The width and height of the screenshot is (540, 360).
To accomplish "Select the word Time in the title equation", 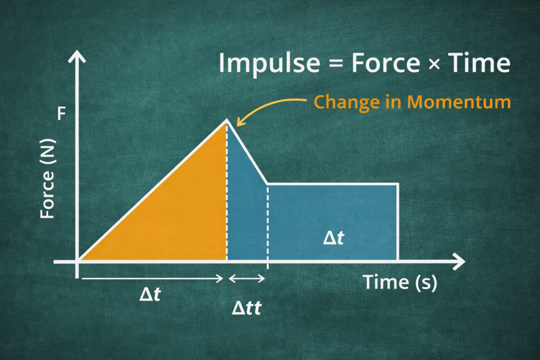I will (480, 64).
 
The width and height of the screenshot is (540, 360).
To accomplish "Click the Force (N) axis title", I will (48, 181).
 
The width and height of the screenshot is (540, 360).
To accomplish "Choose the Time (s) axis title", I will (400, 283).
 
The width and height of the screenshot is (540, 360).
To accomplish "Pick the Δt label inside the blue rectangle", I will (333, 238).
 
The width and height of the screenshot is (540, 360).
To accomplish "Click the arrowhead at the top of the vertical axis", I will (78, 54).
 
